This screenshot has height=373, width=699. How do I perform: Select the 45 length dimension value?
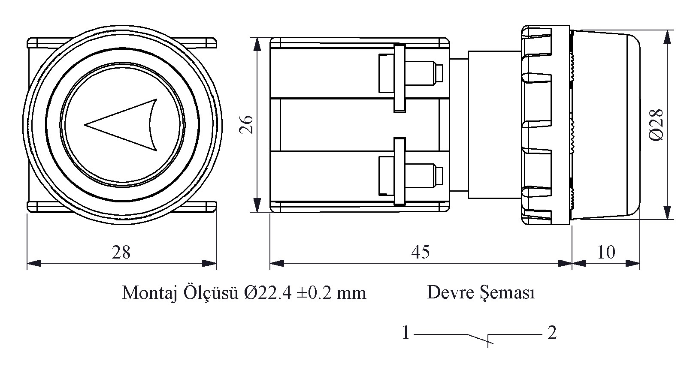tap(420, 252)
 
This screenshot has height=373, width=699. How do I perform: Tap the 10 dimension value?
tap(606, 252)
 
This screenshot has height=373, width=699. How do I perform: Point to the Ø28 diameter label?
tap(657, 124)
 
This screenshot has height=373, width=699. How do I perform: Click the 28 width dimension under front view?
tap(121, 252)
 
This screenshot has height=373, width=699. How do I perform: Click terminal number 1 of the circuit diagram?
tap(406, 333)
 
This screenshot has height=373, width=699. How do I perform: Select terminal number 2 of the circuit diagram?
tap(552, 333)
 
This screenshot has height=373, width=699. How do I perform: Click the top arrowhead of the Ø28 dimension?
tap(667, 36)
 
